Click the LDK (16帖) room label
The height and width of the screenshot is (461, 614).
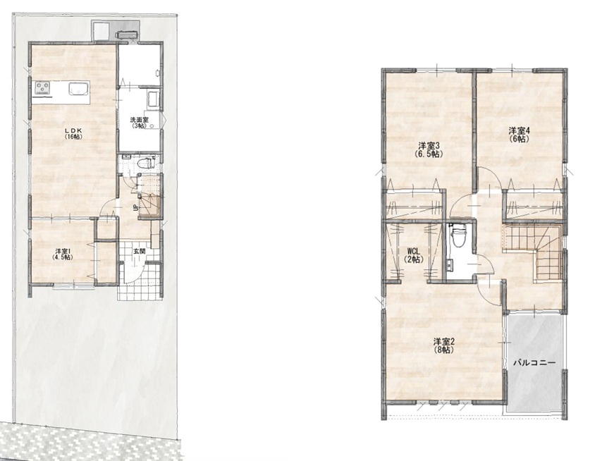click(73, 133)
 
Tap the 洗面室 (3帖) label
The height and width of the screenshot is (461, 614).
click(139, 123)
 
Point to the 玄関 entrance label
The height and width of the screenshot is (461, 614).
click(139, 252)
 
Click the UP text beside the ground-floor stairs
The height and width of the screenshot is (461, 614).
click(135, 207)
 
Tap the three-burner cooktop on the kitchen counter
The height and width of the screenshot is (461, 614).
click(44, 87)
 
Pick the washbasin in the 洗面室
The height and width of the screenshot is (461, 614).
click(152, 98)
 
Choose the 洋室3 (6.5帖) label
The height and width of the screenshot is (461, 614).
click(429, 149)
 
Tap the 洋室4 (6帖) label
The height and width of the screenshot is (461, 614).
click(519, 134)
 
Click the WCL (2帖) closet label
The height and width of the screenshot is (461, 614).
click(415, 255)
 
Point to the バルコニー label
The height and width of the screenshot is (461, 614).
click(534, 363)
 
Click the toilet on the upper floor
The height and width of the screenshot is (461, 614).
click(456, 238)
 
